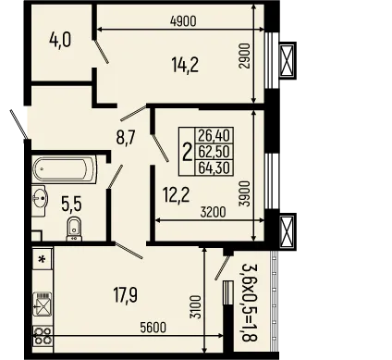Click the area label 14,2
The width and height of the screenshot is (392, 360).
[186, 65]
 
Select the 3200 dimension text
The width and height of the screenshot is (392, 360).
[213, 212]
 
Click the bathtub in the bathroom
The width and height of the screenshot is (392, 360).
[61, 170]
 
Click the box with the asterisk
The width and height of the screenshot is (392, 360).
[43, 260]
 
